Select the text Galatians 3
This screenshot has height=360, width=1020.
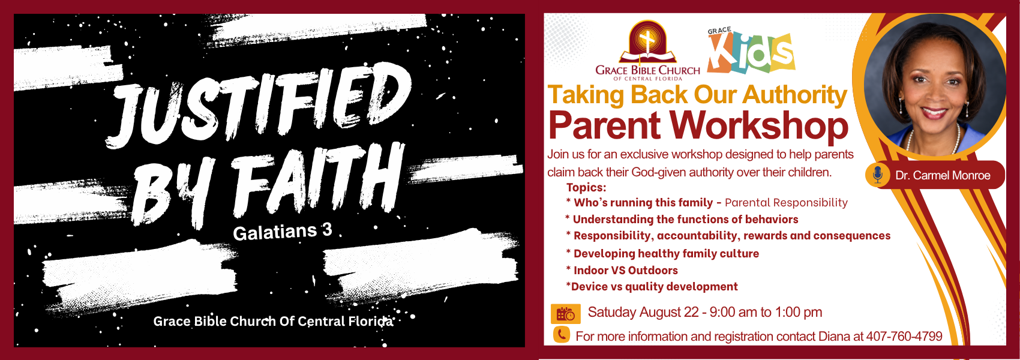(x=283, y=232)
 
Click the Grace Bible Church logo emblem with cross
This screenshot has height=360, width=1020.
(x=647, y=43)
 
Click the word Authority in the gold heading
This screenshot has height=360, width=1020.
(x=794, y=95)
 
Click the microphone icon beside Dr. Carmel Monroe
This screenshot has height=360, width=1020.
(x=878, y=175)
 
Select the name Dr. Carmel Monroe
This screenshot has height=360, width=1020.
(x=943, y=176)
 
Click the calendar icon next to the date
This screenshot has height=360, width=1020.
(x=566, y=314)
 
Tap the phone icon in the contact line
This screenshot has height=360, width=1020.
(x=562, y=335)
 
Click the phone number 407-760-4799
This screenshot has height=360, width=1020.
(x=904, y=337)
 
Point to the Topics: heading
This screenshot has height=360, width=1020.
(x=587, y=188)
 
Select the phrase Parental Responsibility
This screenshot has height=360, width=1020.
(x=786, y=203)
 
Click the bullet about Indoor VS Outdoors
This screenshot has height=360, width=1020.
(x=622, y=271)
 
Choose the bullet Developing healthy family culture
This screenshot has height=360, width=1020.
(x=662, y=254)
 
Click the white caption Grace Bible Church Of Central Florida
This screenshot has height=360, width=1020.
(x=273, y=322)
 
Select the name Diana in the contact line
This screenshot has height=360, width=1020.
(x=834, y=337)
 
